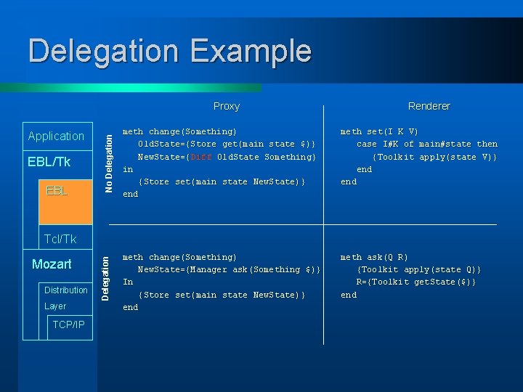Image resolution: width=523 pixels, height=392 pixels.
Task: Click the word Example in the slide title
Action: coord(251,52)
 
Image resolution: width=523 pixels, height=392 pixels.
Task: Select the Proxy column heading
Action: coord(227,106)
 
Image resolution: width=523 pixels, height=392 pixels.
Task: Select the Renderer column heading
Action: coord(429,106)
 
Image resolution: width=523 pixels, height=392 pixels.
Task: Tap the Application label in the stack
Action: coord(56,136)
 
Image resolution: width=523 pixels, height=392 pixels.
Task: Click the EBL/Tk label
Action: coord(49,162)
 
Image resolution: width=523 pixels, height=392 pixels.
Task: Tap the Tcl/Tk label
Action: coord(60,239)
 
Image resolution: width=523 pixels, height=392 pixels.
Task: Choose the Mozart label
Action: coord(52,264)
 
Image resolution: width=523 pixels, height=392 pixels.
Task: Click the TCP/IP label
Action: coord(68,324)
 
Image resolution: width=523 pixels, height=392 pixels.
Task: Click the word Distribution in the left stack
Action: coord(65,290)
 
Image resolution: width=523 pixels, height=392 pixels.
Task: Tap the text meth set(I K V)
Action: coord(379,131)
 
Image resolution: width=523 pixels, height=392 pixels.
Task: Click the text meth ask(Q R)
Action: coord(374,257)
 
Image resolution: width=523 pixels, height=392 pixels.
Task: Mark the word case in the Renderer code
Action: coord(367,144)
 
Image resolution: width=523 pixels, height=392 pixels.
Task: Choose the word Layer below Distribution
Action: coord(55,306)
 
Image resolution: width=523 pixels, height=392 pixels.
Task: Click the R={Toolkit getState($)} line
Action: coord(415,282)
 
